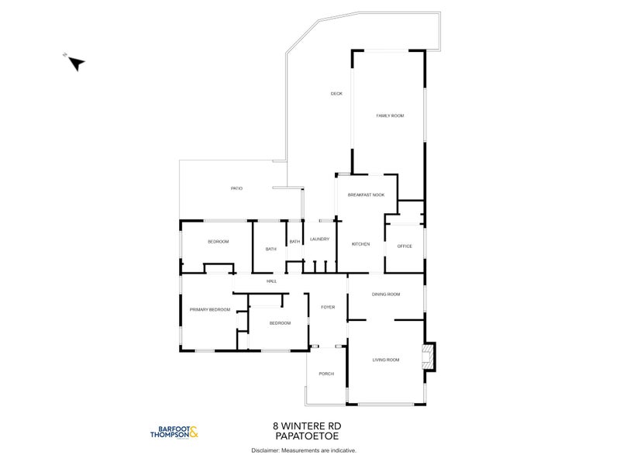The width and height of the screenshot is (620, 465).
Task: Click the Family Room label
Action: click(x=390, y=115)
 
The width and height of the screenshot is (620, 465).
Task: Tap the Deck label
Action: click(x=336, y=94)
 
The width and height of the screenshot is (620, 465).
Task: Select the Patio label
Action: click(x=236, y=188)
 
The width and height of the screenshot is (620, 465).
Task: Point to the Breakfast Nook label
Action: click(x=366, y=195)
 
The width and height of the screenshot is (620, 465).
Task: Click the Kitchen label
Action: click(x=360, y=244)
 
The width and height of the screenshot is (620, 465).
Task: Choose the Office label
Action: click(x=405, y=246)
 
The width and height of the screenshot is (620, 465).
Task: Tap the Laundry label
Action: click(x=320, y=239)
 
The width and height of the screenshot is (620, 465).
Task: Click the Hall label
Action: click(x=271, y=281)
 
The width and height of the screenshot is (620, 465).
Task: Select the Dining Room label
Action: click(x=385, y=294)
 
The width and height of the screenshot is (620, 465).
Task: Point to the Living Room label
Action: click(x=385, y=360)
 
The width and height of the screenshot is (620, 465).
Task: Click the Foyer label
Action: click(x=327, y=308)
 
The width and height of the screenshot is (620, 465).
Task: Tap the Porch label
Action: click(x=326, y=374)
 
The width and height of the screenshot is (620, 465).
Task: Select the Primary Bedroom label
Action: click(x=210, y=310)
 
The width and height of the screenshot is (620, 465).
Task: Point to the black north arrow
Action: click(x=76, y=64)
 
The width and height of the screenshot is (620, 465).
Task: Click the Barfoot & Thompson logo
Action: click(x=174, y=433)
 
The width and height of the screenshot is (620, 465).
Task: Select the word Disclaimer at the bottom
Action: click(x=266, y=450)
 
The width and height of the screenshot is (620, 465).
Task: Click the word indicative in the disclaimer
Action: click(x=341, y=450)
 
